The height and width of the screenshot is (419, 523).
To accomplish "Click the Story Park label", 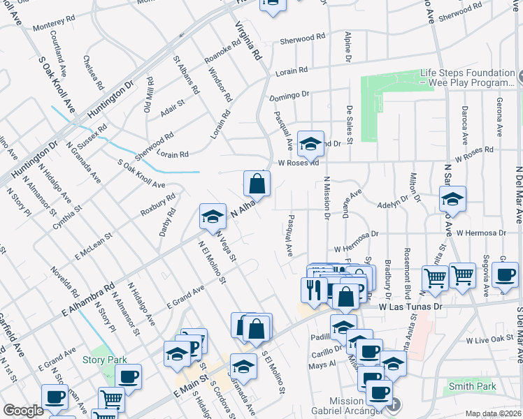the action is pyautogui.click(x=104, y=360).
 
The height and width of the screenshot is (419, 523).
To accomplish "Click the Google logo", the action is pyautogui.click(x=23, y=411).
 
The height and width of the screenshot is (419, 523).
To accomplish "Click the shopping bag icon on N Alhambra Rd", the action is pyautogui.click(x=257, y=184).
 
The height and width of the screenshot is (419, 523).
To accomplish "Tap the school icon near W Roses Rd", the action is pyautogui.click(x=310, y=144).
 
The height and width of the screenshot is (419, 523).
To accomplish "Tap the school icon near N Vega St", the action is pyautogui.click(x=213, y=216).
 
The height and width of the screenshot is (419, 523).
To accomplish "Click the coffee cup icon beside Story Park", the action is pyautogui.click(x=128, y=377).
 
